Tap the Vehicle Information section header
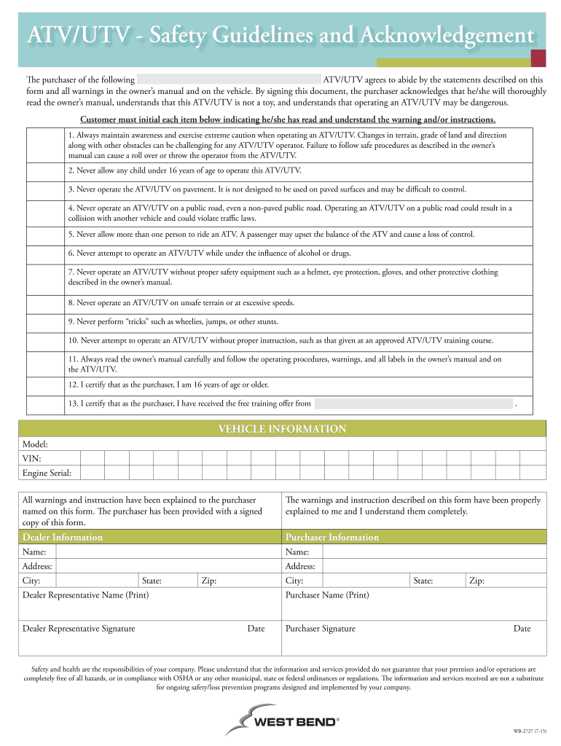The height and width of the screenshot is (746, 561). pos(282,429)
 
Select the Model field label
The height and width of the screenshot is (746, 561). pos(35,444)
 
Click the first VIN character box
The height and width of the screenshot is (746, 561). pos(92,459)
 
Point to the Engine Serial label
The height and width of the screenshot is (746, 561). pos(47,474)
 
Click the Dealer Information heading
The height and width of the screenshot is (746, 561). pos(63,537)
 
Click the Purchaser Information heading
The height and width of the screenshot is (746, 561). pos(331,537)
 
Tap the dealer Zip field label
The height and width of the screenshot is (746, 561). pos(209,581)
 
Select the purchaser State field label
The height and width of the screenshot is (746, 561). pos(423,581)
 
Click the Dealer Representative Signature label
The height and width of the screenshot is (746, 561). pos(79,628)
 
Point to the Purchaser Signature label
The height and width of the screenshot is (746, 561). pos(321,628)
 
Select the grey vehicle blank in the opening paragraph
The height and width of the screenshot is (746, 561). pos(229,79)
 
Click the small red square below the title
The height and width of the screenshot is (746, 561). pos(538,59)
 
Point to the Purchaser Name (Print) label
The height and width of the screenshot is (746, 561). pos(327,595)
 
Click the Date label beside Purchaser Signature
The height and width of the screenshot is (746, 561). pos(522,628)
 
